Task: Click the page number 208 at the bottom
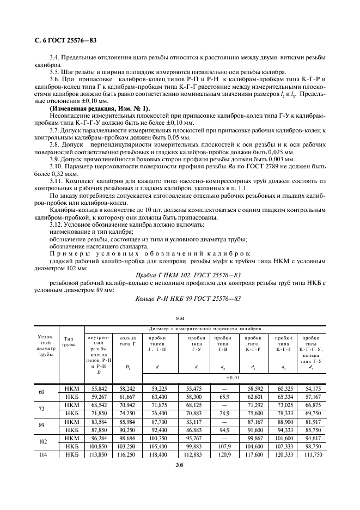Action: click(x=179, y=466)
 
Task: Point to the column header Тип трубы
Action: click(x=69, y=342)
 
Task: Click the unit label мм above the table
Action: click(x=180, y=317)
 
